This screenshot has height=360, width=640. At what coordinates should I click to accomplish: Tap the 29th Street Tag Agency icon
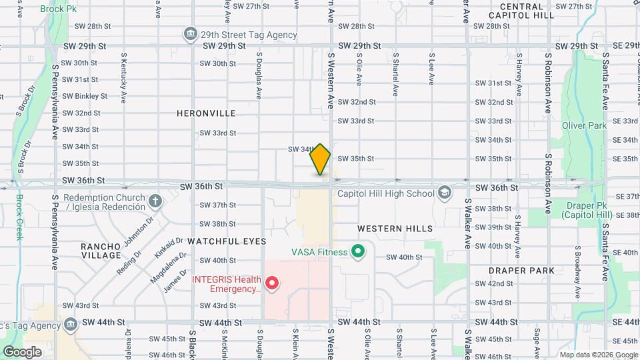tap(191, 35)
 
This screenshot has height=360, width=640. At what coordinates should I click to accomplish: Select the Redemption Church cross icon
tap(155, 200)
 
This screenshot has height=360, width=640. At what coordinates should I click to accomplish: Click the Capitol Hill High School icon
tap(444, 193)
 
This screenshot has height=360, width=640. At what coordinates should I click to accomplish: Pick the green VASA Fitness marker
tap(358, 252)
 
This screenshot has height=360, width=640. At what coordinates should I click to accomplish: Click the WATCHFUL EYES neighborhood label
tap(227, 241)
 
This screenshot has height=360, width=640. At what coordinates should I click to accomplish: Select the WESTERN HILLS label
tap(395, 229)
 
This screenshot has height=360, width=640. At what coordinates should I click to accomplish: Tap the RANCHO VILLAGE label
tap(101, 251)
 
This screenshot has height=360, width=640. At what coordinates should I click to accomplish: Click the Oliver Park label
tap(584, 125)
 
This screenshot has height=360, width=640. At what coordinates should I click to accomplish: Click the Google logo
tap(22, 352)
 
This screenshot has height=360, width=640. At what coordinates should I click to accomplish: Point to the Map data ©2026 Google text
tap(598, 355)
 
